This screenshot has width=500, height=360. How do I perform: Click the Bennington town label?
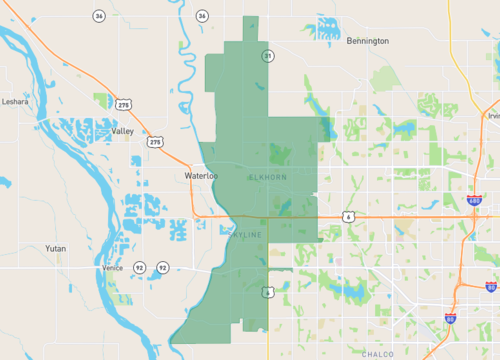(x=367, y=42)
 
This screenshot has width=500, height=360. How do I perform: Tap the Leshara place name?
(x=16, y=101)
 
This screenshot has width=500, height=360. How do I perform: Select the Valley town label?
(x=123, y=131)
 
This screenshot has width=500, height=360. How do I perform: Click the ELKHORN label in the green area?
(x=267, y=177)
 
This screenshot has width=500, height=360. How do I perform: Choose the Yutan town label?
(x=56, y=247)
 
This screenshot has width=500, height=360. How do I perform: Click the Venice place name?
(x=112, y=268)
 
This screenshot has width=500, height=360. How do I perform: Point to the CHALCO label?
(x=378, y=354)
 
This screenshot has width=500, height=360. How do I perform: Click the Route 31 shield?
(x=268, y=56)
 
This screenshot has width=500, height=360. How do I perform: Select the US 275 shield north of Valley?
(x=123, y=104)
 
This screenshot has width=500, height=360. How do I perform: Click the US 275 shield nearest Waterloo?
(x=155, y=143)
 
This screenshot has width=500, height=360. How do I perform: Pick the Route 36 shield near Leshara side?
(x=98, y=16)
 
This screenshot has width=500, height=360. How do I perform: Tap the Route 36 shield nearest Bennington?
(x=202, y=16)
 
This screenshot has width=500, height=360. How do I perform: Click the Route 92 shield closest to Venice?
(x=139, y=268)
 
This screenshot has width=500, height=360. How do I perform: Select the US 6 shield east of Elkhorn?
(x=347, y=216)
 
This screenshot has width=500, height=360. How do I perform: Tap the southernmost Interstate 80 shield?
(x=450, y=319)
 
